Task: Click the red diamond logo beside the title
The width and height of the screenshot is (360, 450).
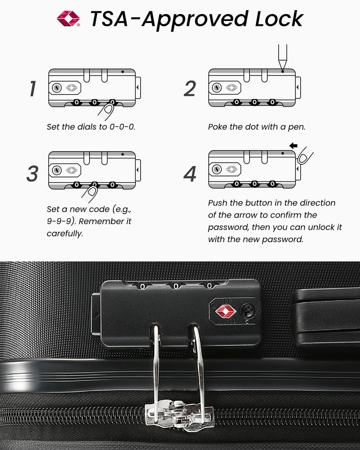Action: [68, 18]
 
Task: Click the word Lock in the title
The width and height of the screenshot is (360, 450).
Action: [279, 19]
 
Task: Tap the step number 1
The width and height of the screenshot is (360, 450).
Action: [33, 88]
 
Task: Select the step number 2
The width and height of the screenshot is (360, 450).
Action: [190, 88]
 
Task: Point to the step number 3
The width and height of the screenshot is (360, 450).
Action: [33, 173]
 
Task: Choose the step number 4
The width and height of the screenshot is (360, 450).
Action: [190, 174]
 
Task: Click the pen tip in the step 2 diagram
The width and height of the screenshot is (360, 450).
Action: [283, 69]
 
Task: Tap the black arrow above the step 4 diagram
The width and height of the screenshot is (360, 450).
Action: [293, 145]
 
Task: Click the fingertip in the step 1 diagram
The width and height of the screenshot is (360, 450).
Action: [109, 109]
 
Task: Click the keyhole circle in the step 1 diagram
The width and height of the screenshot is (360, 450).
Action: [57, 87]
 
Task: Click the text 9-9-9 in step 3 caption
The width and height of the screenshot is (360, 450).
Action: [59, 221]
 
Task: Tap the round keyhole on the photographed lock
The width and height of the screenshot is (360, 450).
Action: [247, 311]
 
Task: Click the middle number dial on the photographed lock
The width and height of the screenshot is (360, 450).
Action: [176, 286]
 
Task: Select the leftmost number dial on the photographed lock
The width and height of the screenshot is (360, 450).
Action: [142, 286]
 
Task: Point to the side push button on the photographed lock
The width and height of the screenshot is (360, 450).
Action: [96, 315]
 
